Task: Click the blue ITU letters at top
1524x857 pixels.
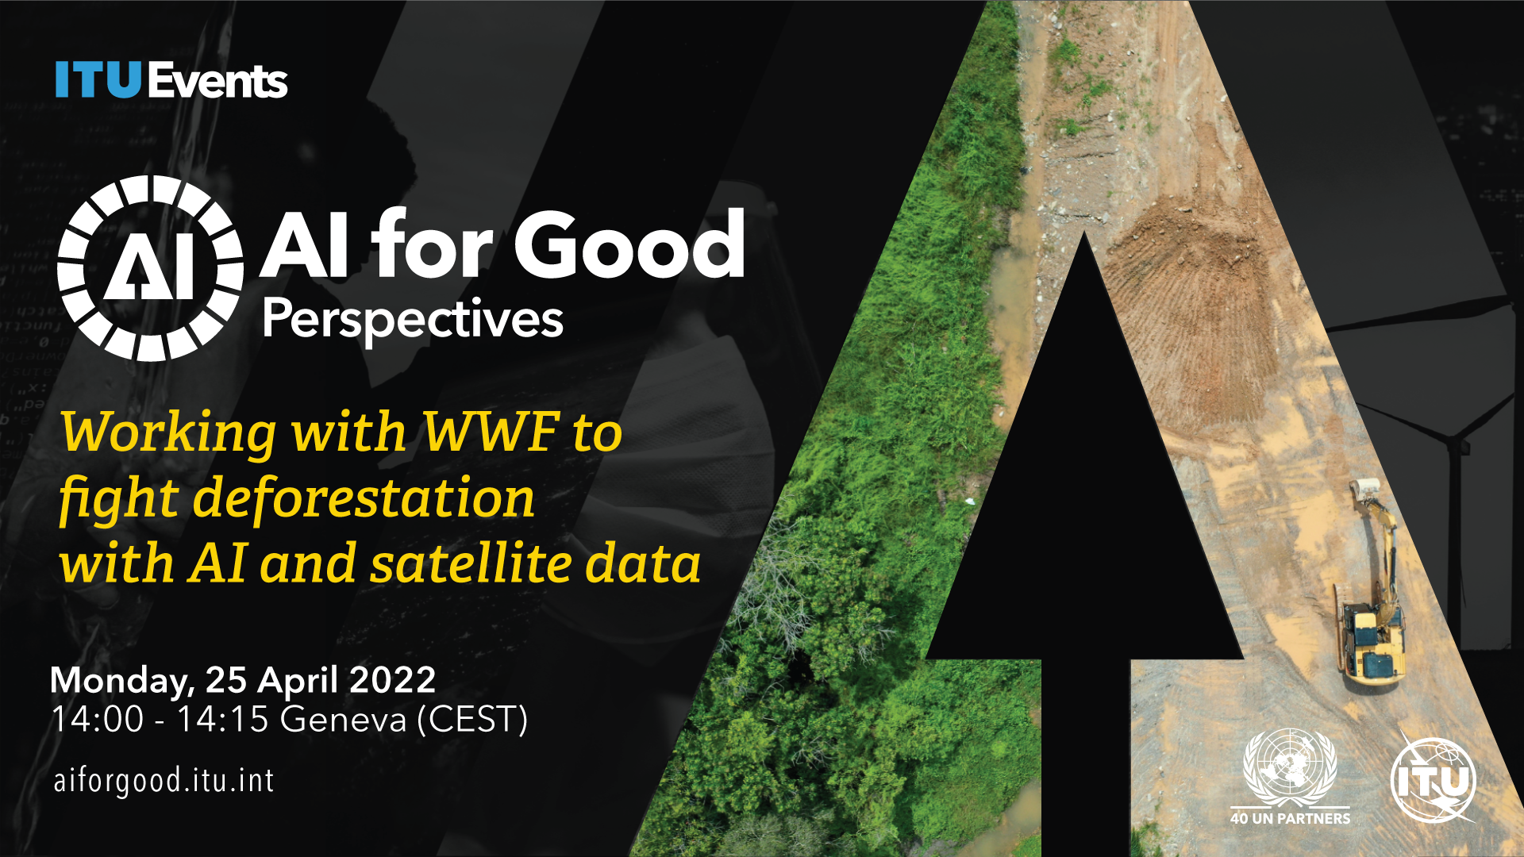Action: coord(98,80)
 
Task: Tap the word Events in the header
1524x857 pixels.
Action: coord(217,80)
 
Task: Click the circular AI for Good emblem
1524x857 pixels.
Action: coord(150,268)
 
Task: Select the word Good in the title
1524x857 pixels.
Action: coord(629,244)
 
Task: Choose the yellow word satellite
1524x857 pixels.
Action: coord(471,564)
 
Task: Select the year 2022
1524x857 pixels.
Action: coord(393,680)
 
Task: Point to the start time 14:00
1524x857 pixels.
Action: coord(98,720)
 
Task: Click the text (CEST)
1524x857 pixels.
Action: coord(472,720)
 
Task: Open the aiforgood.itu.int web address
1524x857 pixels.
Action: coord(164,781)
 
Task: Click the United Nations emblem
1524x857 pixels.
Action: coord(1290,767)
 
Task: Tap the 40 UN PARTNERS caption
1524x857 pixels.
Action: coord(1290,818)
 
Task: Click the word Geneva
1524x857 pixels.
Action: coord(344,720)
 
